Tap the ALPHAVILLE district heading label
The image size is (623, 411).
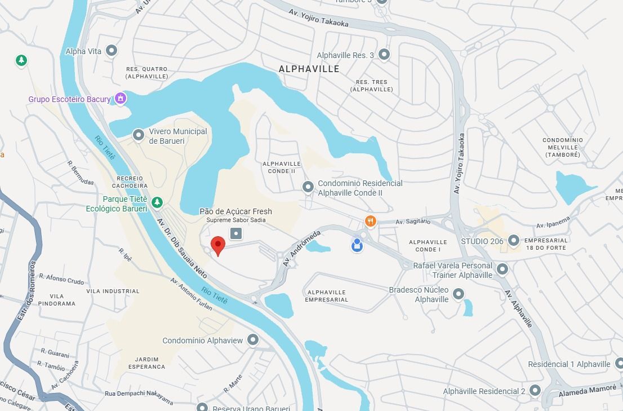click(309, 69)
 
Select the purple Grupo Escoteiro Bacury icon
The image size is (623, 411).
click(120, 99)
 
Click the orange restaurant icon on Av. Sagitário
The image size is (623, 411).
click(370, 221)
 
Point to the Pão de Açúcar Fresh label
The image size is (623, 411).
click(235, 211)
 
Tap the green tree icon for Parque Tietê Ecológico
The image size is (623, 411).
click(157, 202)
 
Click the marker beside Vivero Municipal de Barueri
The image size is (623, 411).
click(139, 135)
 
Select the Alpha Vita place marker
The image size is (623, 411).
click(112, 51)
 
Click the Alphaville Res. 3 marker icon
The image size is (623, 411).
click(384, 55)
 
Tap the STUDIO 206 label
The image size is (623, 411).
click(482, 241)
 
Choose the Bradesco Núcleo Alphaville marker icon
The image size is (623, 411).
click(459, 294)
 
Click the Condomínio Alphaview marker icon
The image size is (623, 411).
click(253, 339)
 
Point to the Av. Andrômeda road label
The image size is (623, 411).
click(302, 248)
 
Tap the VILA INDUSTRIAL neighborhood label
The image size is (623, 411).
click(113, 291)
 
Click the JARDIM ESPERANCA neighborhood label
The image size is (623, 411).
click(147, 363)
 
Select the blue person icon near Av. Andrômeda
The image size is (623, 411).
click(357, 245)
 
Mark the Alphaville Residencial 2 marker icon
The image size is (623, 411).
click(535, 390)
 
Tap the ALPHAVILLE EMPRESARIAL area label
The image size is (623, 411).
click(326, 296)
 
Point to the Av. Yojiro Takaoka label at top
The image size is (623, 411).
click(319, 17)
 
